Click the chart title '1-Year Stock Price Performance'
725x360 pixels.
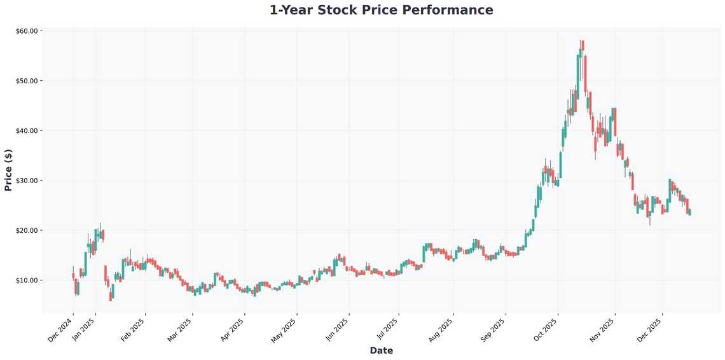(381, 10)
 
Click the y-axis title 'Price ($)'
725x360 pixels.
(8, 170)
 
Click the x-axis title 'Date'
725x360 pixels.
(381, 350)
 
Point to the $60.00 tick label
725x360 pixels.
(29, 31)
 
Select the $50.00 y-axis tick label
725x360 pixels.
(29, 81)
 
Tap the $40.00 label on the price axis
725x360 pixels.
(29, 130)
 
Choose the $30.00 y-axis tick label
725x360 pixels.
(29, 181)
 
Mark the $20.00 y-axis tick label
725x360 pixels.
(29, 230)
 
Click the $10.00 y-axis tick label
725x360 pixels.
(29, 280)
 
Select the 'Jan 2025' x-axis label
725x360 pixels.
(85, 329)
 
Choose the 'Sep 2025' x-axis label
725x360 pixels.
(494, 329)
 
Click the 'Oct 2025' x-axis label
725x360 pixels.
(546, 329)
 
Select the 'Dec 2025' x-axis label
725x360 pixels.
(651, 329)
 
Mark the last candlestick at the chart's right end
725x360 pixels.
(689, 212)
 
